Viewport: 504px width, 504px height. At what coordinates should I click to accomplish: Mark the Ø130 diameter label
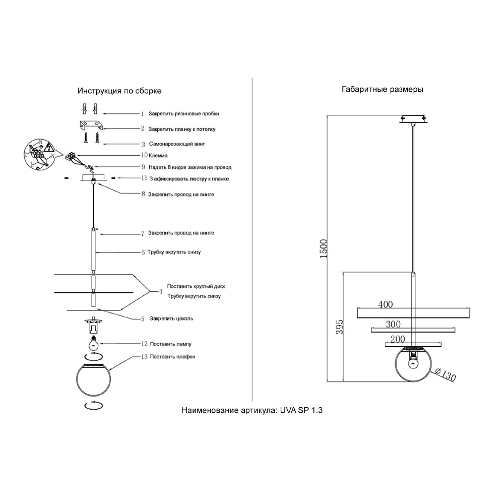point(444,375)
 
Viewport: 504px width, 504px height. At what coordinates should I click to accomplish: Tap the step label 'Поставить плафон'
point(172,356)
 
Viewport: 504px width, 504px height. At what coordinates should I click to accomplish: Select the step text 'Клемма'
point(158,156)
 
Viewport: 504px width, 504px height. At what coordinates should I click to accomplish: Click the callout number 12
point(144,344)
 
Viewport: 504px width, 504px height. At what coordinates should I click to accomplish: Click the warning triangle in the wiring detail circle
point(49,147)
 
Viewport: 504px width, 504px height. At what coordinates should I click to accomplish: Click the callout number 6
point(143,251)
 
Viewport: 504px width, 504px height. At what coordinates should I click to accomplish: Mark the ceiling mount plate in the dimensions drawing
point(413,119)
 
